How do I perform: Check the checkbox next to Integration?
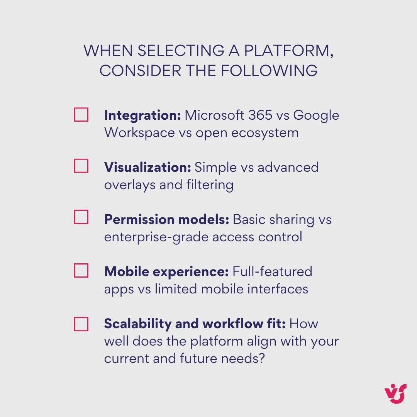(x=81, y=115)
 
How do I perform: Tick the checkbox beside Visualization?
(x=81, y=166)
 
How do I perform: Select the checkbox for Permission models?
(x=81, y=217)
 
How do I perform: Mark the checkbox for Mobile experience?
(x=81, y=271)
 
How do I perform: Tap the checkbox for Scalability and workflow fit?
(x=81, y=324)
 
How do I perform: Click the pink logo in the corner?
(x=396, y=394)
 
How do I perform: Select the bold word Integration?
(x=142, y=115)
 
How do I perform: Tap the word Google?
(x=316, y=115)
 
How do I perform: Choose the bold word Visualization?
(x=147, y=168)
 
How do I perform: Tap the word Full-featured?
(x=272, y=271)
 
